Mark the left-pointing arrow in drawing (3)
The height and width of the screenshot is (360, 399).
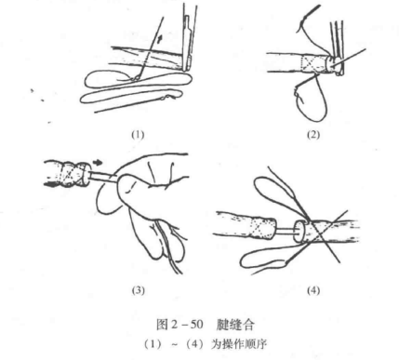coord(40,185)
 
